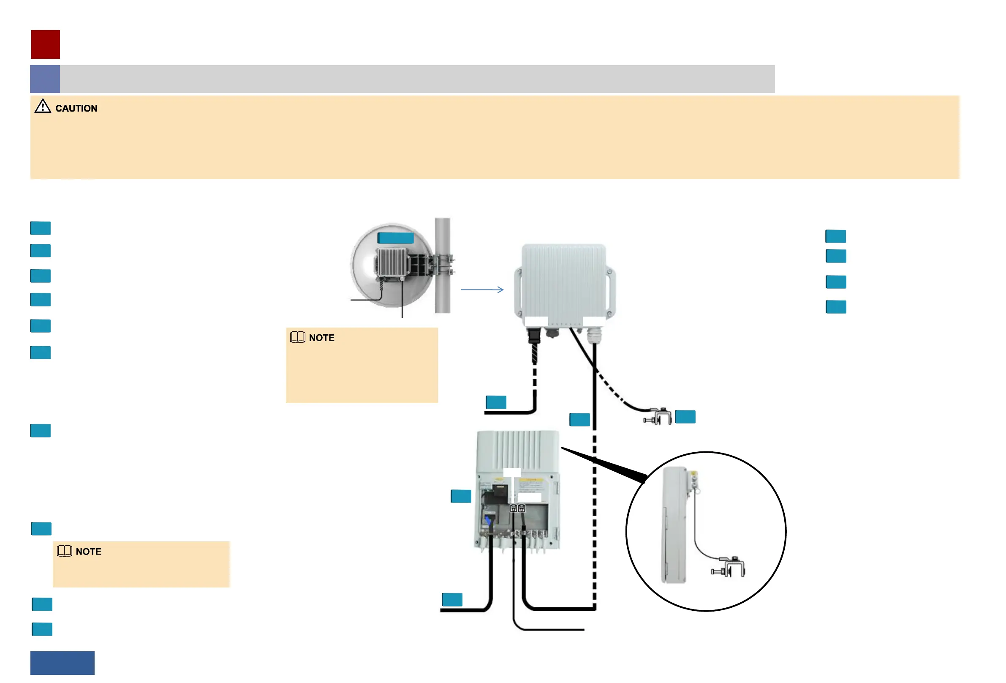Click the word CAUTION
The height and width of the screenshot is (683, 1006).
(76, 108)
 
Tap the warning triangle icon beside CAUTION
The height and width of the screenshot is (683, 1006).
(42, 106)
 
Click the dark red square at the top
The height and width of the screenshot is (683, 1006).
(46, 44)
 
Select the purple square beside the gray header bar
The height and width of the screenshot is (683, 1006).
(45, 79)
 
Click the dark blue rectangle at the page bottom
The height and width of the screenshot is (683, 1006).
(63, 663)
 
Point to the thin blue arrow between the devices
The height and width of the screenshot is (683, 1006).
(482, 290)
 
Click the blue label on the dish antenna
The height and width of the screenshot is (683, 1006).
(395, 238)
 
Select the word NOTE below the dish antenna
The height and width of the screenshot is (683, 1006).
(321, 338)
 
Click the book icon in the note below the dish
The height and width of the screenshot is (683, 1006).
(297, 337)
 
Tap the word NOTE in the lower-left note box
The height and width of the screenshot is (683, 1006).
(88, 551)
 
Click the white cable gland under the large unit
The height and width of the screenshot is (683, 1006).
(594, 334)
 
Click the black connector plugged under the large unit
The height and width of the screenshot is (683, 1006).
(534, 336)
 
